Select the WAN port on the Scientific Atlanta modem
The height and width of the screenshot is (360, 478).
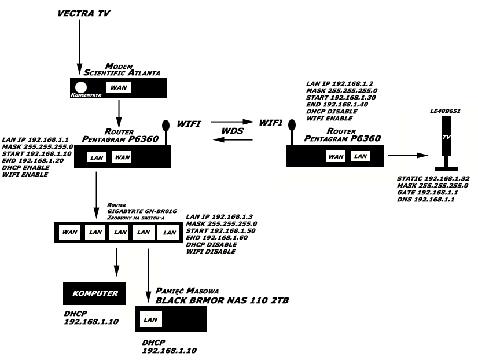click(x=118, y=87)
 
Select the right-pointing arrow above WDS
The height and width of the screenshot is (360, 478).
click(x=232, y=123)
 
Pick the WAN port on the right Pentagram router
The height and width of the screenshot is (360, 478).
click(x=336, y=156)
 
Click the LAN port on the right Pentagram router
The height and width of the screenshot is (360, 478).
click(x=361, y=156)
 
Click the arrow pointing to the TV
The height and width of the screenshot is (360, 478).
click(x=409, y=155)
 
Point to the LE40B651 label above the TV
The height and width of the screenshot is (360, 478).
click(x=446, y=110)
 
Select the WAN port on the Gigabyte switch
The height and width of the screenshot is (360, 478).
click(x=70, y=232)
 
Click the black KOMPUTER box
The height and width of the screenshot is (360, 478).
click(x=94, y=293)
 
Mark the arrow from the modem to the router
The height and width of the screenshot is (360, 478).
click(x=118, y=110)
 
